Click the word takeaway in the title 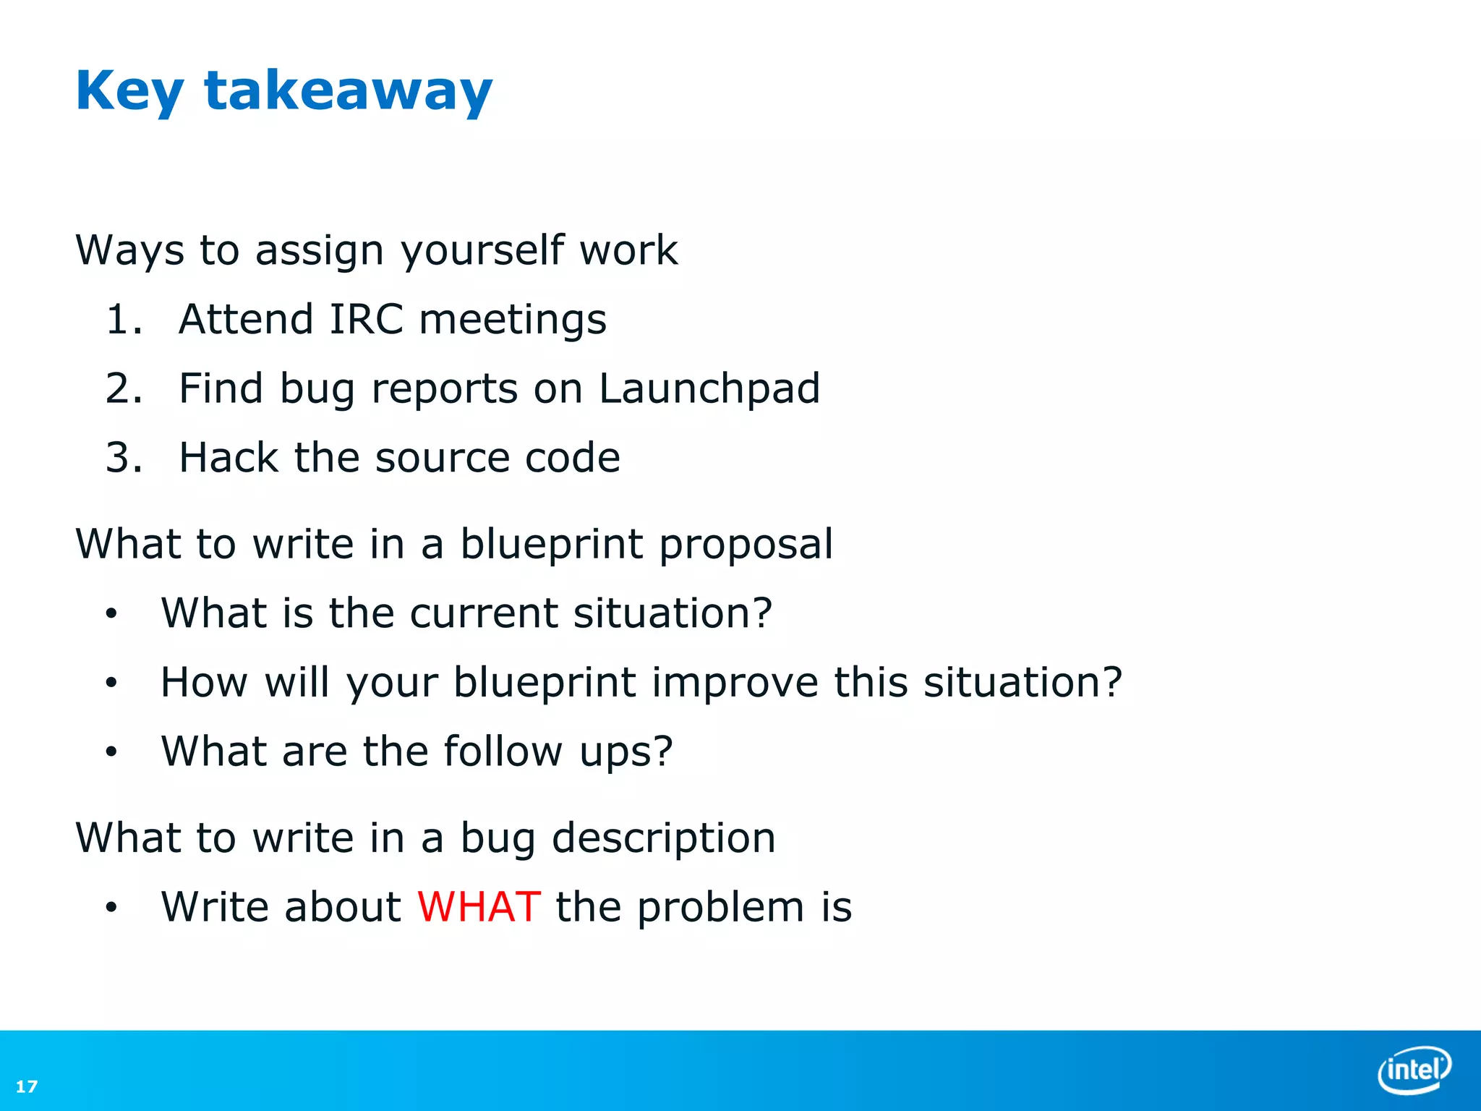(x=348, y=91)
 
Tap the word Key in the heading (x=129, y=91)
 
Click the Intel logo (x=1413, y=1069)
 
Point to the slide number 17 (x=27, y=1086)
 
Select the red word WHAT (x=479, y=907)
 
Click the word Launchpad (x=709, y=389)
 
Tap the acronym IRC (x=366, y=320)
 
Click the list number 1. (x=123, y=320)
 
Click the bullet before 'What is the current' (x=111, y=614)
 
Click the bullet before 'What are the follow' (x=111, y=752)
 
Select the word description (x=663, y=838)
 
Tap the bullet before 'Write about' (x=111, y=908)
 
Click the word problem (x=720, y=908)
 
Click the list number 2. (x=123, y=389)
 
